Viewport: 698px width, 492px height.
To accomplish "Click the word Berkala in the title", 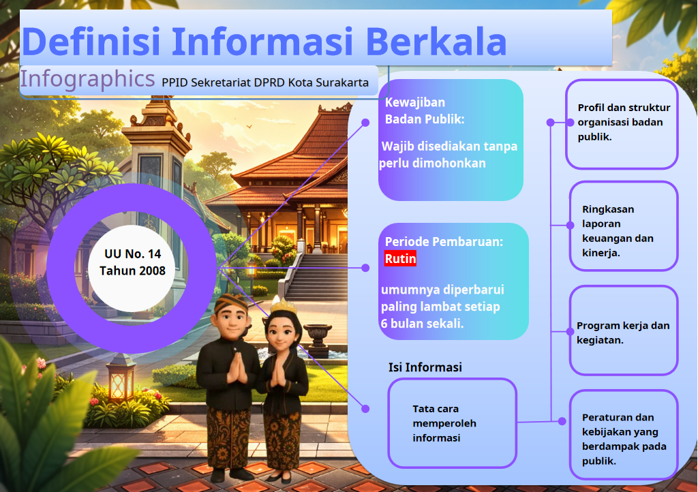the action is (436, 42).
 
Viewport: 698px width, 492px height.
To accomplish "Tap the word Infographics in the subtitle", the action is (87, 79).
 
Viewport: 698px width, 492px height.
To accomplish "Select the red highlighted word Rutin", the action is (400, 258).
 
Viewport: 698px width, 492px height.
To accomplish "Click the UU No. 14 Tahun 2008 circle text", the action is (132, 262).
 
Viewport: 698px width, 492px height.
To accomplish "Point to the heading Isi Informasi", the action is (425, 367).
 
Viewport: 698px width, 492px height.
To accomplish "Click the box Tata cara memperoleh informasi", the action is (453, 423).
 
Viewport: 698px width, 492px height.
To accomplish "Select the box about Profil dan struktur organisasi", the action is (622, 124).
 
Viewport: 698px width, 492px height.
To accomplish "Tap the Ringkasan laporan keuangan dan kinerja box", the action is (624, 226).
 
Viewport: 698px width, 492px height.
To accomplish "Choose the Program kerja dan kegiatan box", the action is (624, 330).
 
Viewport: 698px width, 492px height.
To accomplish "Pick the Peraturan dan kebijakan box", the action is (624, 435).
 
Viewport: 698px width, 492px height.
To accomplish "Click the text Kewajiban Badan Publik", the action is (425, 111).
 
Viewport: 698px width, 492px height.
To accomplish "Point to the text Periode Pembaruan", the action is (444, 241).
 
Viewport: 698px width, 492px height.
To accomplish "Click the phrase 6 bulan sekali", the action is (422, 324).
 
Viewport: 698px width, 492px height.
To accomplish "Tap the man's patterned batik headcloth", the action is (230, 303).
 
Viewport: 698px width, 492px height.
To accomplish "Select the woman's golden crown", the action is (284, 306).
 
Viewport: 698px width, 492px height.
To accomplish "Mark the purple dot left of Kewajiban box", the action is (365, 123).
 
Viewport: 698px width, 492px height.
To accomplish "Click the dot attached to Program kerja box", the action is (571, 331).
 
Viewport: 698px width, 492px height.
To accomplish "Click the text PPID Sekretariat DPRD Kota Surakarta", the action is (265, 82).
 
